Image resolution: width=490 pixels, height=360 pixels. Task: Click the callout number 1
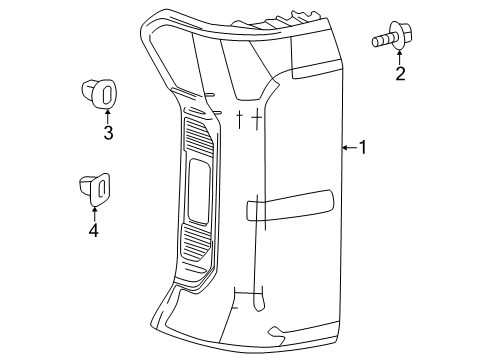pos(364,148)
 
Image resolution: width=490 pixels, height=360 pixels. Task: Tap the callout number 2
pos(400,73)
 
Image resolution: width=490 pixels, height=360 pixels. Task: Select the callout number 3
pos(108,131)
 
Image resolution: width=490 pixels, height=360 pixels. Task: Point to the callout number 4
pos(95,230)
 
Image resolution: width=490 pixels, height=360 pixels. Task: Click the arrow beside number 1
pos(347,148)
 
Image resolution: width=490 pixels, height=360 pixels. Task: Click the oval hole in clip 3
pos(103,94)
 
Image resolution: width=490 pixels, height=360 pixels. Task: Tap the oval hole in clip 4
pos(100,186)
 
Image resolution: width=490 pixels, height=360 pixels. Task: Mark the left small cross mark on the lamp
pos(240,120)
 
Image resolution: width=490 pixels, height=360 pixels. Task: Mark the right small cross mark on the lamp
pos(256,119)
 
